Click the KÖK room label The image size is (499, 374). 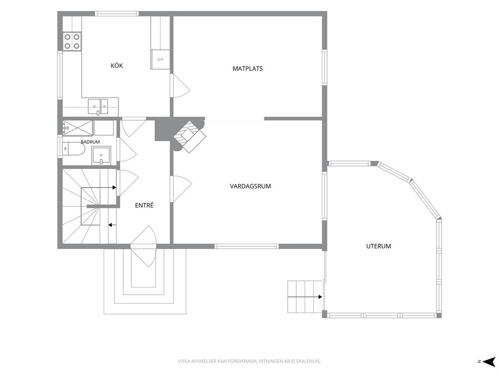(x=117, y=65)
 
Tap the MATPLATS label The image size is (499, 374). (x=247, y=68)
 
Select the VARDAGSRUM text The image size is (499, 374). (x=251, y=186)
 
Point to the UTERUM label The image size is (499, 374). (x=378, y=246)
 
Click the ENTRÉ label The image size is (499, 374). (x=144, y=205)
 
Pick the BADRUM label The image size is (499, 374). (x=90, y=142)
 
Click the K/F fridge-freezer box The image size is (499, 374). (x=160, y=59)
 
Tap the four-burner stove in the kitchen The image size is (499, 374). (x=72, y=41)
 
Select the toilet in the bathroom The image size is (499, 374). (x=74, y=148)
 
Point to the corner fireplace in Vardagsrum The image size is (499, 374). (x=189, y=136)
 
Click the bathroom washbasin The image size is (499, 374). (x=101, y=155)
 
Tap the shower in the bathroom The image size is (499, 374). (x=77, y=128)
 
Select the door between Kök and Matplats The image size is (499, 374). (x=180, y=85)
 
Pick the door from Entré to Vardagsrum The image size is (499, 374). (x=181, y=189)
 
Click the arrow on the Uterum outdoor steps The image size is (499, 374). (x=304, y=297)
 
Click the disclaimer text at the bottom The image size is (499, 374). (x=249, y=361)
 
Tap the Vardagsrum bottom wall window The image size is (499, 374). (x=246, y=246)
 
